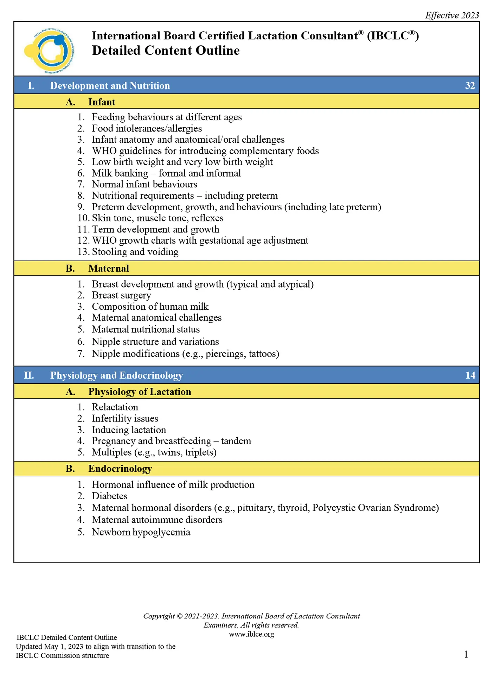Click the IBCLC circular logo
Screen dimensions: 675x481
click(x=49, y=51)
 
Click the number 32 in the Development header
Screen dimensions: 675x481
click(x=470, y=85)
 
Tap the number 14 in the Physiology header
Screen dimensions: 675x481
click(x=470, y=375)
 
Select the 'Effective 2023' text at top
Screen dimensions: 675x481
click(x=452, y=15)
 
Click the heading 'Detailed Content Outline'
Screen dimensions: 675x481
click(x=166, y=51)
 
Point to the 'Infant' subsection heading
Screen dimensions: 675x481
click(x=102, y=102)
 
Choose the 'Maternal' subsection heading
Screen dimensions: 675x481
click(x=109, y=268)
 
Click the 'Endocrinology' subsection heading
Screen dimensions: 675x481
click(x=120, y=469)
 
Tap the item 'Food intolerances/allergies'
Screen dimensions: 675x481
click(x=147, y=128)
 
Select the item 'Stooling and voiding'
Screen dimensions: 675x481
click(x=135, y=252)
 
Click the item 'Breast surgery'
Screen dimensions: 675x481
click(x=121, y=295)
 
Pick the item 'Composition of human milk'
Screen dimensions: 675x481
click(x=150, y=307)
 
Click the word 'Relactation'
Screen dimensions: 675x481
click(x=115, y=407)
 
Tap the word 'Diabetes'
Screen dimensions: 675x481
click(x=110, y=496)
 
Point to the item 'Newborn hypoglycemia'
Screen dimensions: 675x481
click(x=141, y=532)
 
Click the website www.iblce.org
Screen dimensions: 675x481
click(x=251, y=634)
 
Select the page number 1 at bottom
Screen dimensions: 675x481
click(x=466, y=654)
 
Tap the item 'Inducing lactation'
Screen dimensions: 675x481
click(x=129, y=430)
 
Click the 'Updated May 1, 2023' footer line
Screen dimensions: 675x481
click(x=96, y=647)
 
